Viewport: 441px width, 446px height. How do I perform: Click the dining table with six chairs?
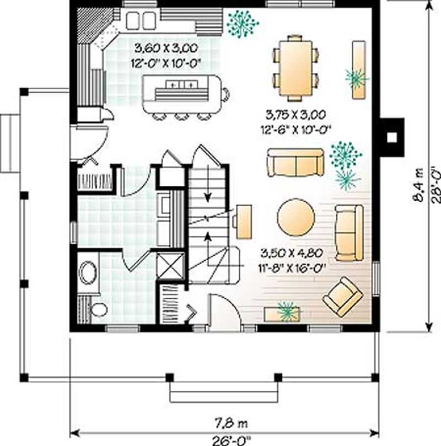(x=295, y=67)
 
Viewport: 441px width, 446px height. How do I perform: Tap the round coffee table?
(x=296, y=217)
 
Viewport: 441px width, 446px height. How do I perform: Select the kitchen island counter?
(x=182, y=94)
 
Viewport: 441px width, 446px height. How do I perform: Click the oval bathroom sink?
(x=88, y=272)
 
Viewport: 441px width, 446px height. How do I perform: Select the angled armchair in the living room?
(x=342, y=297)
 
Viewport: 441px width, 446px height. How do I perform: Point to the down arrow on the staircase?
(x=208, y=196)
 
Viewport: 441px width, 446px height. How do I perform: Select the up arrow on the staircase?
(x=208, y=237)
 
